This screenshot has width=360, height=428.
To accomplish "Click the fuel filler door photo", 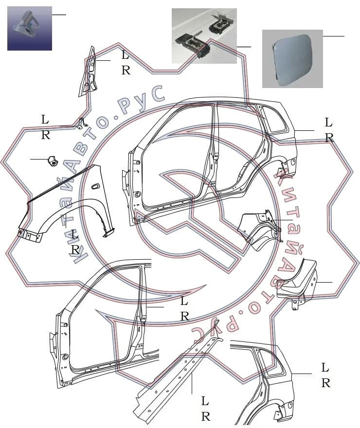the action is (x=292, y=59).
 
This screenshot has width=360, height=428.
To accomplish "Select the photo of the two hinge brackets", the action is (x=204, y=36).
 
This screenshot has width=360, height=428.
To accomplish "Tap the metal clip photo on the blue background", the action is (x=30, y=28).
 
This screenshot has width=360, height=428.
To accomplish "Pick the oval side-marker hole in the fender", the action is (x=96, y=186).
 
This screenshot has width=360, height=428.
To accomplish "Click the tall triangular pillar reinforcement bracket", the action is (x=89, y=72).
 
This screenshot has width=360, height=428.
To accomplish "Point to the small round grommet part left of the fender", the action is (x=52, y=160).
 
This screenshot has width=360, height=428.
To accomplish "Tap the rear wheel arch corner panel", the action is (x=259, y=229).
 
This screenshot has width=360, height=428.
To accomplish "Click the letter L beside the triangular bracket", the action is (x=125, y=55).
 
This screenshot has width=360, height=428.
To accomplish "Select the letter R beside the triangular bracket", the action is (x=126, y=71).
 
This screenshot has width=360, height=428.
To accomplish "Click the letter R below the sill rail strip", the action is (x=205, y=416).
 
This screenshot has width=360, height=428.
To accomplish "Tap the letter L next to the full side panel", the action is (x=328, y=123).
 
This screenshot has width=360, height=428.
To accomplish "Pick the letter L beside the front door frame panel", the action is (x=184, y=301).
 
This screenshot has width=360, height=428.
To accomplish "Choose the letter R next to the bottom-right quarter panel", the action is (x=326, y=383).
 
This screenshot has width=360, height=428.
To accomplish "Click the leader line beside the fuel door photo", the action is (x=334, y=36).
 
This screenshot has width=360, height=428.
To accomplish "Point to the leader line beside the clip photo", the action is (x=59, y=15).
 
